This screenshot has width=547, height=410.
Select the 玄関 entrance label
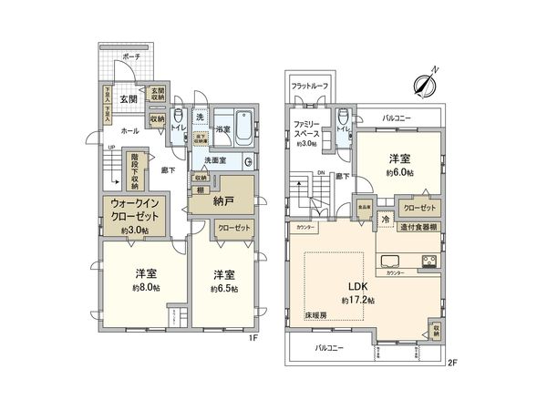click(x=128, y=98)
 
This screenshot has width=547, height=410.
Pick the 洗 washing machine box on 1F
click(x=199, y=118)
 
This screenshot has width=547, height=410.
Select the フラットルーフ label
click(x=308, y=86)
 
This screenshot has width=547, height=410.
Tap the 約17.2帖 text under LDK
click(x=357, y=300)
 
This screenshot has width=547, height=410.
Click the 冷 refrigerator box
click(x=385, y=220)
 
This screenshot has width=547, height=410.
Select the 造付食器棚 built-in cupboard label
click(x=422, y=226)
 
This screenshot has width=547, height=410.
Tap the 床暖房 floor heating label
click(x=317, y=314)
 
